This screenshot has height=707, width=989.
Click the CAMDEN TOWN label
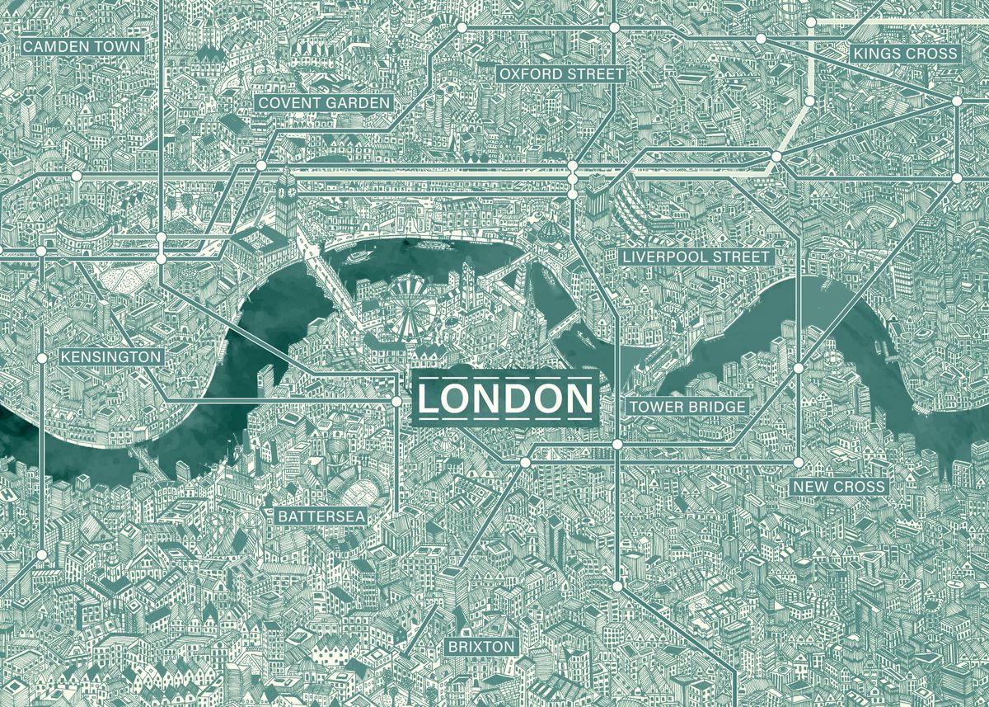point(82,47)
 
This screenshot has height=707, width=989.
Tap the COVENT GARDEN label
point(323,103)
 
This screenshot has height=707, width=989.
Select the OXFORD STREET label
point(561,74)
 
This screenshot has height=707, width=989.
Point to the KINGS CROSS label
point(906,54)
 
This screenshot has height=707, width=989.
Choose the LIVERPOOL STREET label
point(696,257)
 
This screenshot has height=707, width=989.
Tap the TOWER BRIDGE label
point(687,407)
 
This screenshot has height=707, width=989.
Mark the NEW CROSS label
point(839,487)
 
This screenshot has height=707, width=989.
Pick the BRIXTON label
point(481,646)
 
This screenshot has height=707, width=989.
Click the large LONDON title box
point(504,399)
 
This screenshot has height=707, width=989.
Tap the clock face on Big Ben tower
point(288,188)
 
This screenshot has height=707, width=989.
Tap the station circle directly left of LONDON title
point(396,401)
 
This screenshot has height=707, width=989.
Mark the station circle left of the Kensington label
point(42,358)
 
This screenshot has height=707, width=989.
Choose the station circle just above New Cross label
point(799,462)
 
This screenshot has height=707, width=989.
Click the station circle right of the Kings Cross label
point(957,101)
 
